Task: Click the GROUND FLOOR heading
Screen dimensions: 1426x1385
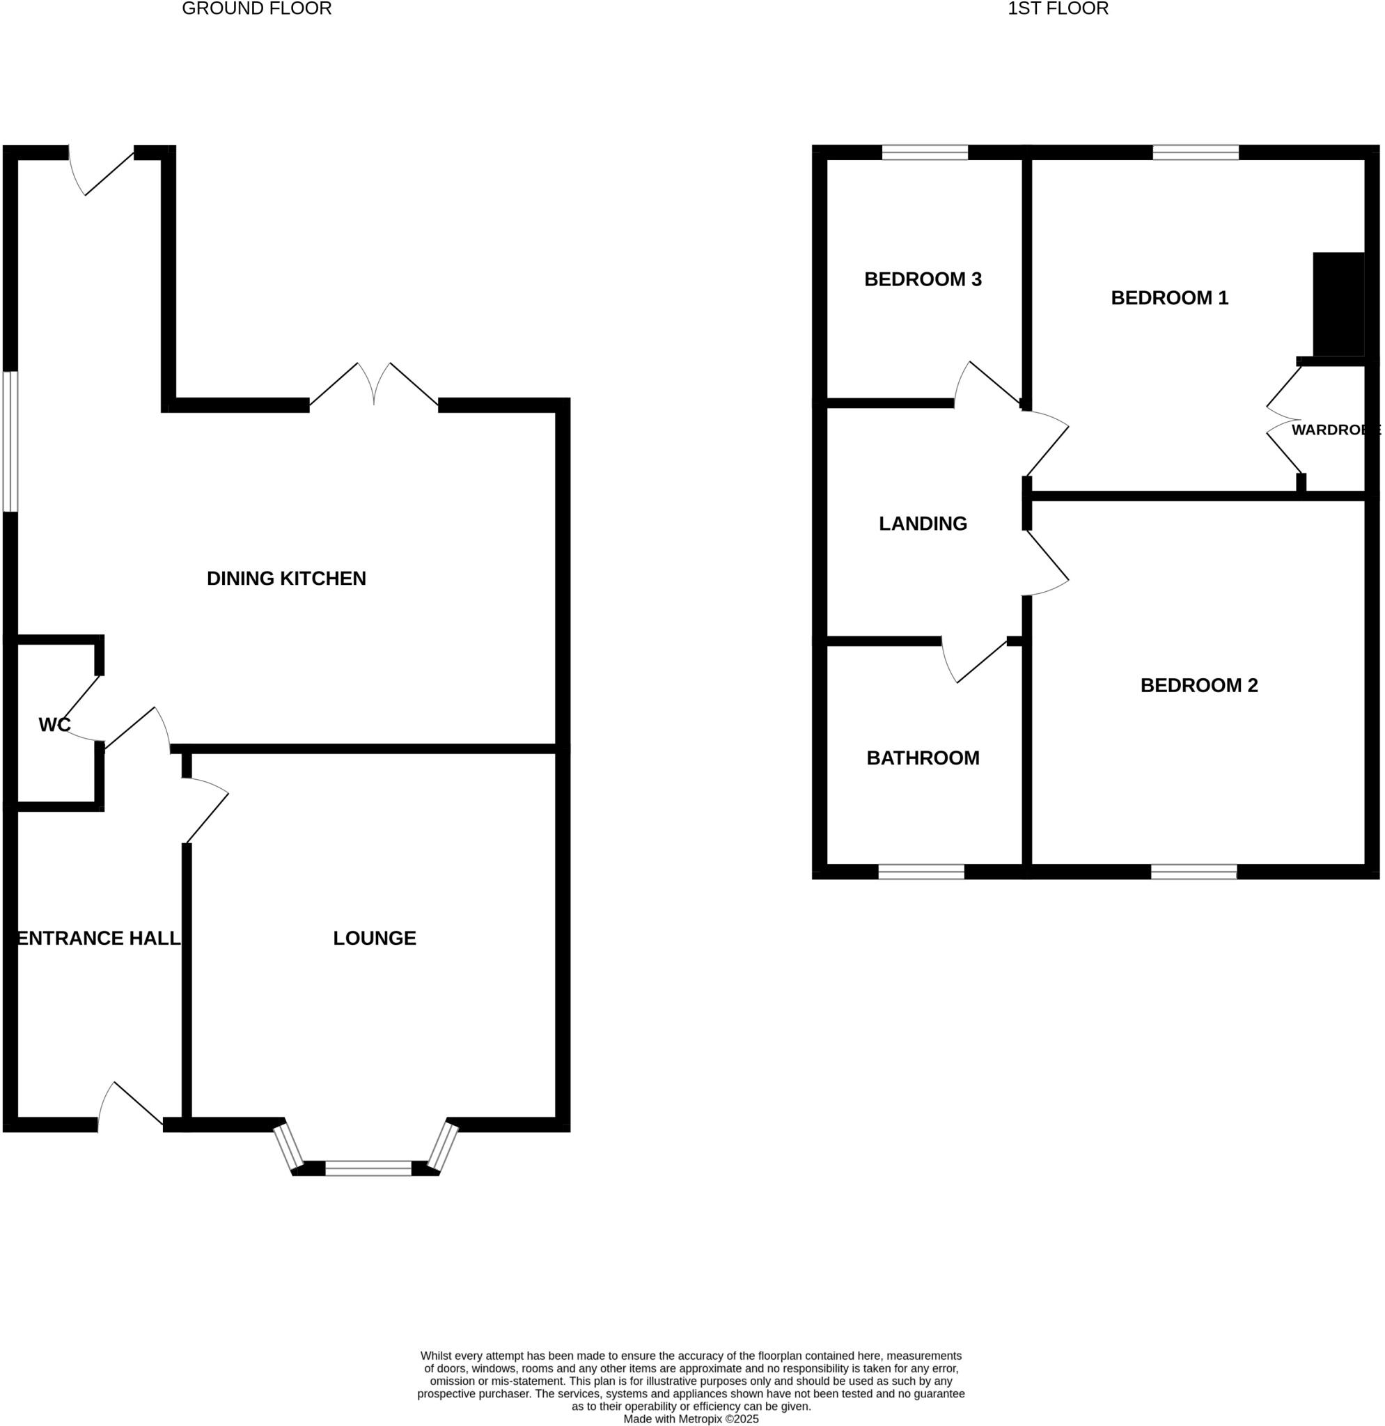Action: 256,9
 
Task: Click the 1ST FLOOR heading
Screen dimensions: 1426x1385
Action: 1058,9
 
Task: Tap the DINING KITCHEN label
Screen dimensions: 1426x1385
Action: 286,579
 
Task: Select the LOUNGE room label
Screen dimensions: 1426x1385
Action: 375,939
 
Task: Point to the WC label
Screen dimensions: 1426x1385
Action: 54,725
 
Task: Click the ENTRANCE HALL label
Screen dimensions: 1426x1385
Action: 99,939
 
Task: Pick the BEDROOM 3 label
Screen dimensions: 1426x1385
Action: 923,279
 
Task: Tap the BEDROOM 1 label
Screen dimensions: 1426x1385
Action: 1169,297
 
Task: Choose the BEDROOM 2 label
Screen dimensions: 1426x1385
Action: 1199,685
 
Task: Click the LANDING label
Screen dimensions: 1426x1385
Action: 923,524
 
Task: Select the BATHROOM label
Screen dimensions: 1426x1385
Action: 923,758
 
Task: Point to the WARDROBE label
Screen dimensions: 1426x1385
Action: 1335,430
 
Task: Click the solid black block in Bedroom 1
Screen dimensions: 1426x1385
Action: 1338,304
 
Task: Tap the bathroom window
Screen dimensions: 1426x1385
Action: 921,872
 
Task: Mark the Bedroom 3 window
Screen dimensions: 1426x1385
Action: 925,152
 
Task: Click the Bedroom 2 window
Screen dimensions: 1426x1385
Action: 1194,872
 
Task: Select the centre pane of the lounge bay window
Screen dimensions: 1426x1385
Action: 368,1168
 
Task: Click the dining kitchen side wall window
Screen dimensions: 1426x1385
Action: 10,441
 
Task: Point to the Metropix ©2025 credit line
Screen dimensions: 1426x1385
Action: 690,1419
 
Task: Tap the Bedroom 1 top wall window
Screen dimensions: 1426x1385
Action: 1195,152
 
